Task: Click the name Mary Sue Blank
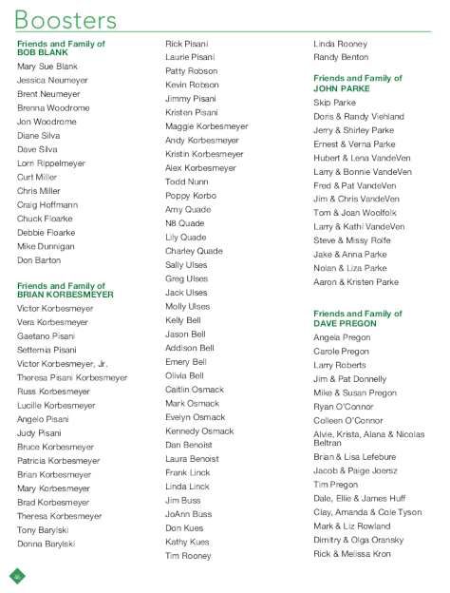(x=47, y=67)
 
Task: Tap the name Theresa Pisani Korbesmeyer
(x=72, y=377)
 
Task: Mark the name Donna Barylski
(x=46, y=544)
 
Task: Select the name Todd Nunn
(x=187, y=182)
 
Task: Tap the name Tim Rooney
(x=188, y=556)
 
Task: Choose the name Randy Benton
(x=341, y=57)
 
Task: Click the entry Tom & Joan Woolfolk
(x=355, y=213)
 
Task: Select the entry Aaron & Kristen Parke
(x=356, y=282)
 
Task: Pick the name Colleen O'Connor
(x=348, y=420)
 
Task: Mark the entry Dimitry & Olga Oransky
(x=358, y=539)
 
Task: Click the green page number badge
(x=17, y=575)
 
